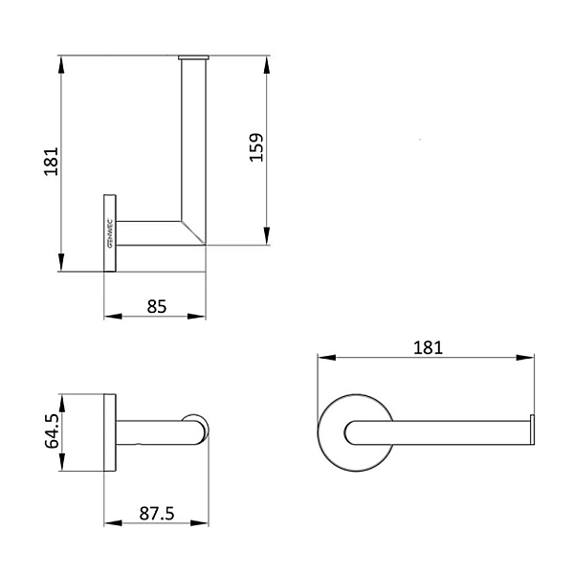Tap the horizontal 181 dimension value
(x=428, y=347)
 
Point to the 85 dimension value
(x=157, y=306)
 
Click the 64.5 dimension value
(x=54, y=431)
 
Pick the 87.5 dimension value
(x=156, y=514)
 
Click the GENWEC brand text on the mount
(x=109, y=232)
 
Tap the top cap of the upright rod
(x=192, y=57)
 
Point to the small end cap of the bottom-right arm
(x=532, y=431)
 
